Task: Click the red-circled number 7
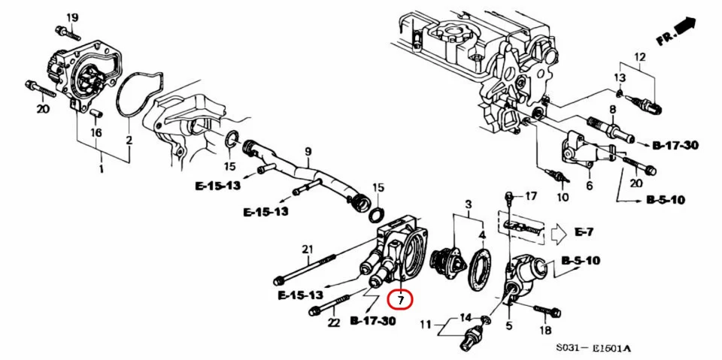(400, 300)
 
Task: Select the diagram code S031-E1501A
(593, 348)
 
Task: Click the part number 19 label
(72, 17)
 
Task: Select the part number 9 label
(307, 152)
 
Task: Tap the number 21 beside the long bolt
(307, 250)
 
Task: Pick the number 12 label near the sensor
(640, 57)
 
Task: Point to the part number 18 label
(546, 331)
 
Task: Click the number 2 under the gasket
(129, 141)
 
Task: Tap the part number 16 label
(96, 132)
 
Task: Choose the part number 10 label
(562, 198)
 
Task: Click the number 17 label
(531, 196)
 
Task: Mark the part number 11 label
(426, 325)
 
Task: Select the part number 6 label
(588, 185)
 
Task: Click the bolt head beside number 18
(555, 310)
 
